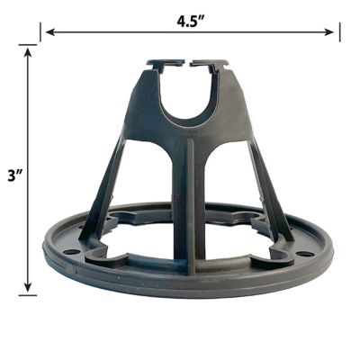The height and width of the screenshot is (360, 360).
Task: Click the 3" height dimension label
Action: pyautogui.click(x=13, y=176)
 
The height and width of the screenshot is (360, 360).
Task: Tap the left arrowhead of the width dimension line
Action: pyautogui.click(x=47, y=32)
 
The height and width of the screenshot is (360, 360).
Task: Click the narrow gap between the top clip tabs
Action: pyautogui.click(x=189, y=65)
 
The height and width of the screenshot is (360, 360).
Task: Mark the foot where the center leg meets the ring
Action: pyautogui.click(x=189, y=266)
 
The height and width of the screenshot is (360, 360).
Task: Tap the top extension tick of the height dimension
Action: pyautogui.click(x=29, y=47)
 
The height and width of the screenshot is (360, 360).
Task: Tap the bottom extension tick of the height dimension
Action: pyautogui.click(x=29, y=293)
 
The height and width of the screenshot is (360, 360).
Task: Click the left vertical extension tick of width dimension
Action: pyautogui.click(x=41, y=32)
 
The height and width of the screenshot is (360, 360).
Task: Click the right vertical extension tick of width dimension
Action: pyautogui.click(x=339, y=32)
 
